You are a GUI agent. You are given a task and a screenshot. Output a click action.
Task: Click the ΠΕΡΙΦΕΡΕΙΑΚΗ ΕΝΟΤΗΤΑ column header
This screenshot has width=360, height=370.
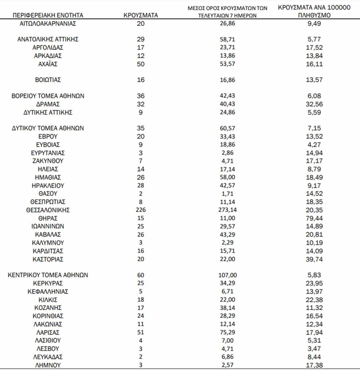click(48, 15)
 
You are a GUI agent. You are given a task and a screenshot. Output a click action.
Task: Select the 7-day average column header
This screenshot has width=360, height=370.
click(227, 12)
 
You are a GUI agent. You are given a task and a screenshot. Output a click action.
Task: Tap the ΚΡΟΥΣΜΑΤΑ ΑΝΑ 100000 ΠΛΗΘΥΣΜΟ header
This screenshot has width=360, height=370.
click(314, 11)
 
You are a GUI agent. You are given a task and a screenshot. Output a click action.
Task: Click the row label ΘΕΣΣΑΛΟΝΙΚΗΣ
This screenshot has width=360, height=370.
click(48, 210)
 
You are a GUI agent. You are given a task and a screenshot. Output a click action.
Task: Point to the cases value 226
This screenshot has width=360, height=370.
click(140, 210)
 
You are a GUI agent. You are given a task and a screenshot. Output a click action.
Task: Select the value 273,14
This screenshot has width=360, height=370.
click(227, 210)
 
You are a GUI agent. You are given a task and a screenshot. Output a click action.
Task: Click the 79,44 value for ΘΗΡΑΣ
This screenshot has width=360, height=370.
click(314, 218)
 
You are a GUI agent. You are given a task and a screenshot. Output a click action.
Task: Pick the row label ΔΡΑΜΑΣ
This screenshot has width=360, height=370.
click(48, 104)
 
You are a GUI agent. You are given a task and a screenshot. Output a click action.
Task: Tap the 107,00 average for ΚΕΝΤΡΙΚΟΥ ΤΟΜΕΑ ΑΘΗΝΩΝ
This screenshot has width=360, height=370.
click(227, 275)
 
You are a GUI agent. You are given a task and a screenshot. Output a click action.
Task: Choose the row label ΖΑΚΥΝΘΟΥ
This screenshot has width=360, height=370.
click(48, 161)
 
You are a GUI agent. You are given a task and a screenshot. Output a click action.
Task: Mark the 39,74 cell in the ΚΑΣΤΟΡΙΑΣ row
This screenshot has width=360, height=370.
click(314, 259)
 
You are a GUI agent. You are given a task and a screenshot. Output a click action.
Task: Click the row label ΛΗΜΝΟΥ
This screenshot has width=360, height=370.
click(48, 365)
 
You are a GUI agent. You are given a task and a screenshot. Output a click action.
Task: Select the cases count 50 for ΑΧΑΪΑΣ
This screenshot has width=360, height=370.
click(140, 64)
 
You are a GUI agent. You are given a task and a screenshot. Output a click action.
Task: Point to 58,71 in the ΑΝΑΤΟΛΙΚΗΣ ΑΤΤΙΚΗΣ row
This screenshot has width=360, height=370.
click(227, 39)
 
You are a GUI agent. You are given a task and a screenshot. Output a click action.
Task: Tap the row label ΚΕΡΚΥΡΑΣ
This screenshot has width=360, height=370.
click(48, 283)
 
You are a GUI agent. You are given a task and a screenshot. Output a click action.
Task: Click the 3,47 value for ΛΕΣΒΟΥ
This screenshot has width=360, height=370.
click(314, 349)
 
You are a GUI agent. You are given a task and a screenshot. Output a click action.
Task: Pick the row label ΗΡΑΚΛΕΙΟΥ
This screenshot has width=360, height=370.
click(48, 186)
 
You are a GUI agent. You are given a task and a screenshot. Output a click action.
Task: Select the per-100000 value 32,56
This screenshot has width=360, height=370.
click(314, 104)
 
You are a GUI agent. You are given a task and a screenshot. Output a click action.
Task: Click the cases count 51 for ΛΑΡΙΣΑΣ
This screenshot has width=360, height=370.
click(140, 332)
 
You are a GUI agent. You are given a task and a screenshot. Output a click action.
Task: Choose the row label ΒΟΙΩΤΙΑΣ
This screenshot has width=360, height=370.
click(48, 80)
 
